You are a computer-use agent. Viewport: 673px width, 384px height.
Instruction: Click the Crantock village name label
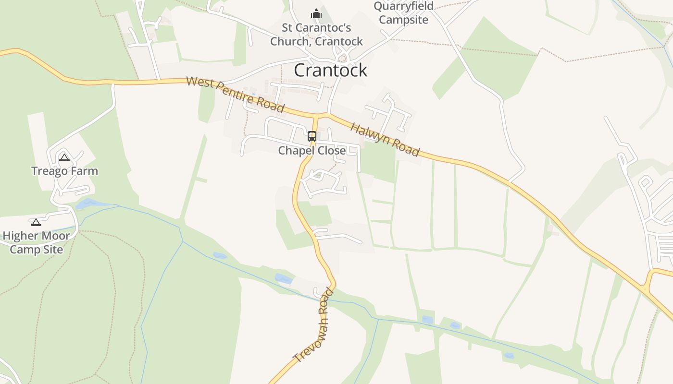click(331, 70)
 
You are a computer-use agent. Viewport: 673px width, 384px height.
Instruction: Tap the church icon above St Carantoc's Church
click(316, 13)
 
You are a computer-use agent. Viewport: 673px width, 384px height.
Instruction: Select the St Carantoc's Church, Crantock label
click(316, 35)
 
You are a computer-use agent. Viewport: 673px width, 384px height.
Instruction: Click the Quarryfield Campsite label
click(403, 13)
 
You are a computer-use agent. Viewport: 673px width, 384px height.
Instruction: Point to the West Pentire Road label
click(235, 94)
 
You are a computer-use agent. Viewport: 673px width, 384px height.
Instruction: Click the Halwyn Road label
click(385, 139)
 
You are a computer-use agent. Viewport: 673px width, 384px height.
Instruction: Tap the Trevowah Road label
click(313, 325)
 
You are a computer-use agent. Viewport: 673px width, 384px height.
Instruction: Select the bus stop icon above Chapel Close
click(312, 136)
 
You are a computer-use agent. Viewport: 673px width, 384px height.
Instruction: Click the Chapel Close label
click(312, 151)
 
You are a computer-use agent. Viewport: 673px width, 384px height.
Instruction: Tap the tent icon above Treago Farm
click(64, 157)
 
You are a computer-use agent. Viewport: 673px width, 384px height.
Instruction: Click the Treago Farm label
click(64, 171)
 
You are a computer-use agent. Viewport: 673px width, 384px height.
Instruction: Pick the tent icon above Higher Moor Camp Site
click(36, 222)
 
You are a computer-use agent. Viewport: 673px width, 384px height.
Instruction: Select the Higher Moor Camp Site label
click(37, 243)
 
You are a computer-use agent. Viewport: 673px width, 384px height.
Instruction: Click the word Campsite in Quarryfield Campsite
click(403, 20)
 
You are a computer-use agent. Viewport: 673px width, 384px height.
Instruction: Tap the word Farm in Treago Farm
click(83, 171)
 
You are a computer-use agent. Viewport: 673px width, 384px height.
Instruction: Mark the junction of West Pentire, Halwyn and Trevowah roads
click(317, 116)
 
